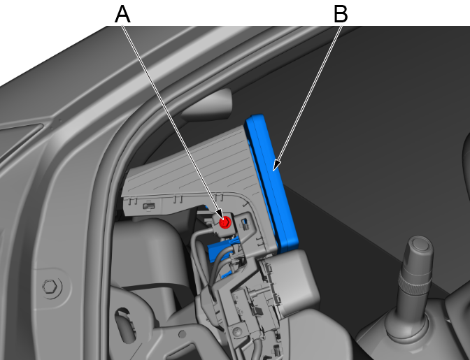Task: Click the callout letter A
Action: tap(122, 15)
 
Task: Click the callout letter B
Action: tap(341, 14)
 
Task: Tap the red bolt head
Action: tap(225, 222)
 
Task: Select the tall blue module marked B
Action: tap(271, 182)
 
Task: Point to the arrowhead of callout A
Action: tap(220, 215)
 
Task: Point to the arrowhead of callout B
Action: tap(277, 166)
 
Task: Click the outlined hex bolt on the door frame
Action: tap(50, 287)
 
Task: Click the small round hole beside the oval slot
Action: tap(182, 334)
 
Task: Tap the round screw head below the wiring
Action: tap(237, 331)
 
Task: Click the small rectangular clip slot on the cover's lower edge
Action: tap(149, 206)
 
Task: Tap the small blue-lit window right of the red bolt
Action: tap(245, 222)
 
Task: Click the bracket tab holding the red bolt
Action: tap(225, 223)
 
